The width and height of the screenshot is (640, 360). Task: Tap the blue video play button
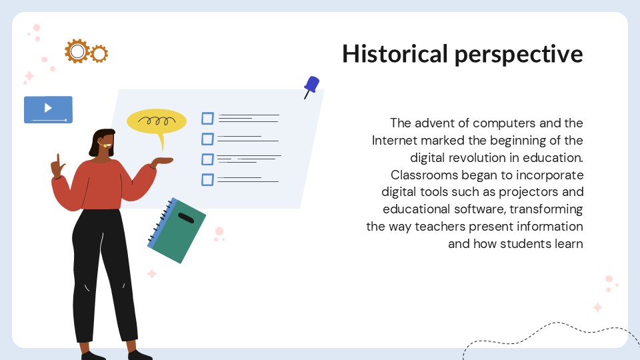click(48, 109)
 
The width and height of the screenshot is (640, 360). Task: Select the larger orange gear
click(77, 51)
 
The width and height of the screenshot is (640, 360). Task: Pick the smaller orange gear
click(99, 54)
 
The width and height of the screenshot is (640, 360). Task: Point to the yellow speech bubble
click(157, 122)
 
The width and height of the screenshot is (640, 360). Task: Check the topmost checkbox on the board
click(207, 118)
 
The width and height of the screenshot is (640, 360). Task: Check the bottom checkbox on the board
click(207, 179)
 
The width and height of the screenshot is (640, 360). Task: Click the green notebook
click(176, 230)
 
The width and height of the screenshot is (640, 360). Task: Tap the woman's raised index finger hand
click(58, 167)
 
